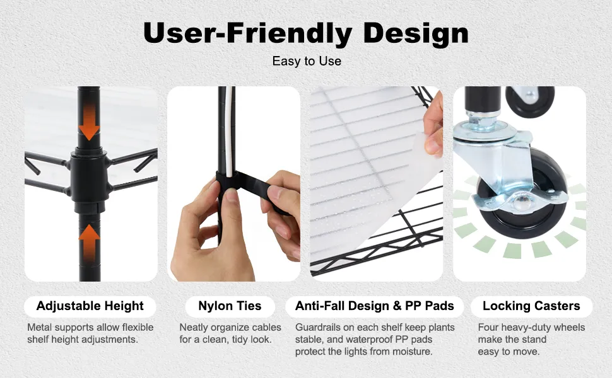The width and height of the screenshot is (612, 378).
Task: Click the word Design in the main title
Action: pyautogui.click(x=416, y=33)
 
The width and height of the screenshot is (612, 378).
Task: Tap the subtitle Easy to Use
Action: pyautogui.click(x=307, y=61)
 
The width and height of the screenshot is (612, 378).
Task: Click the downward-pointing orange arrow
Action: pyautogui.click(x=89, y=122)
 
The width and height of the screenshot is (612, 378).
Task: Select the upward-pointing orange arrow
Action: pyautogui.click(x=90, y=243)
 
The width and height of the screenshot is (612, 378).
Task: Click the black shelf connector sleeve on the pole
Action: pyautogui.click(x=89, y=180)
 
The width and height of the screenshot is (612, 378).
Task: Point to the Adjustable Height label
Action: pyautogui.click(x=90, y=306)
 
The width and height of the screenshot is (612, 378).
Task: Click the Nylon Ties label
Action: pyautogui.click(x=230, y=306)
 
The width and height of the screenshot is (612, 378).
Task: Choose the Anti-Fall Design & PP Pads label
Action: pyautogui.click(x=374, y=306)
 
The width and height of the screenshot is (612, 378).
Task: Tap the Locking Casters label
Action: pyautogui.click(x=531, y=306)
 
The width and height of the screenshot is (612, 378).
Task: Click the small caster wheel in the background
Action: pyautogui.click(x=529, y=101)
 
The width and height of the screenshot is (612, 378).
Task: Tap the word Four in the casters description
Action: pyautogui.click(x=488, y=328)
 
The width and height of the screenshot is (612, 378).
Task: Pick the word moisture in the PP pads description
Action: pyautogui.click(x=414, y=352)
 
